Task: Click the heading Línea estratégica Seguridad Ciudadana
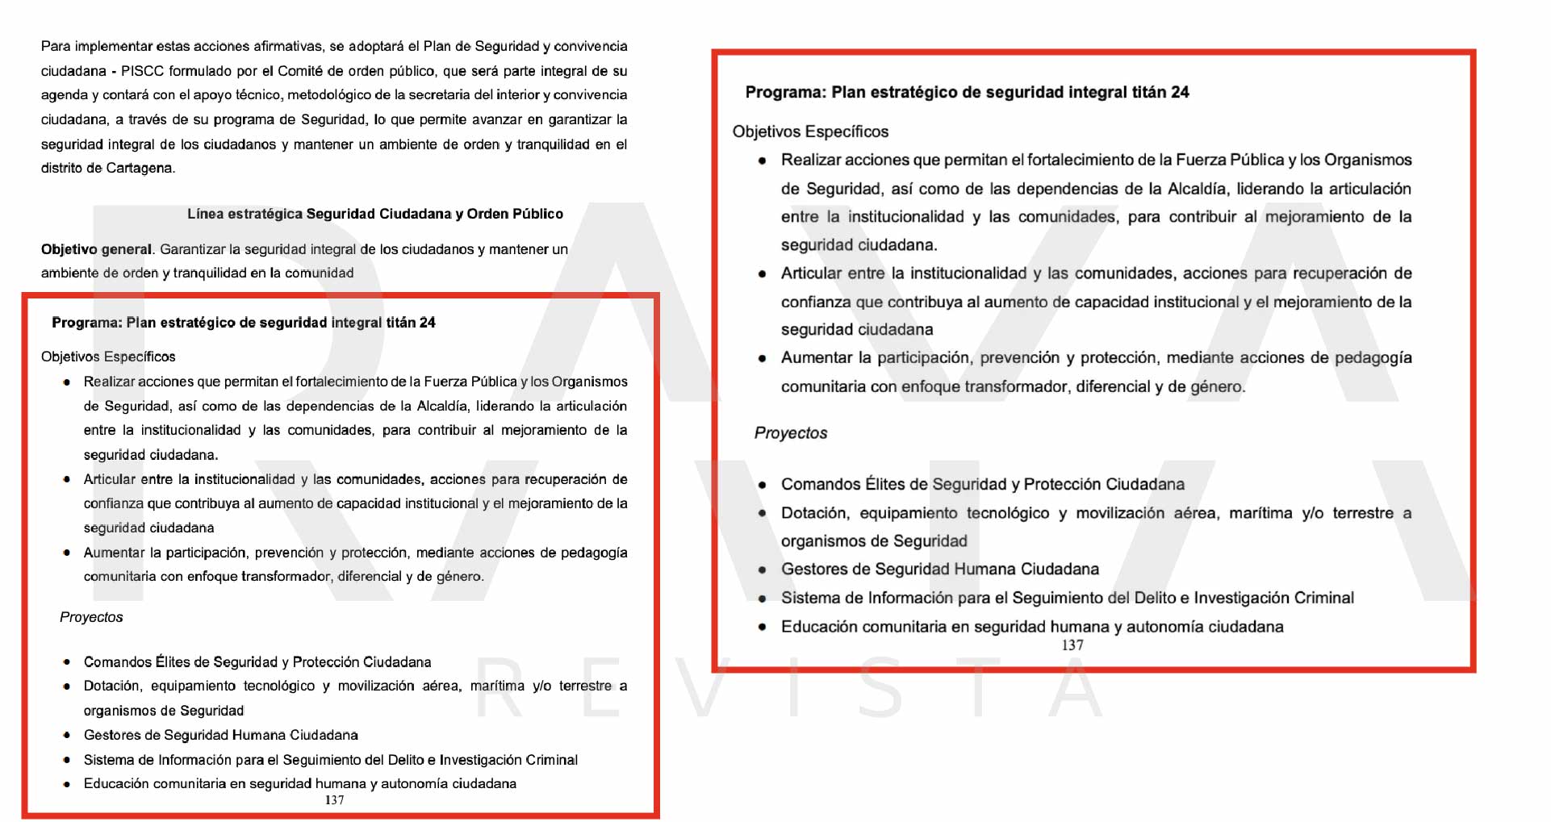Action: [374, 214]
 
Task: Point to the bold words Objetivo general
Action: [96, 249]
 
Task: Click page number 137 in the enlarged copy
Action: [1072, 645]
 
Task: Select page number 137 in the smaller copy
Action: [334, 800]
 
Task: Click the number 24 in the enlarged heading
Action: [1180, 92]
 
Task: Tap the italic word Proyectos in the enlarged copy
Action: [791, 433]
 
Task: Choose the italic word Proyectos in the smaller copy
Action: [91, 617]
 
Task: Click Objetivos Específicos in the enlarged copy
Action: [810, 131]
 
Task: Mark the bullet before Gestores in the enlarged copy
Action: [763, 570]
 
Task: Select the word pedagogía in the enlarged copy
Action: [1373, 357]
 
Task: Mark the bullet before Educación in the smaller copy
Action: [67, 784]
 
